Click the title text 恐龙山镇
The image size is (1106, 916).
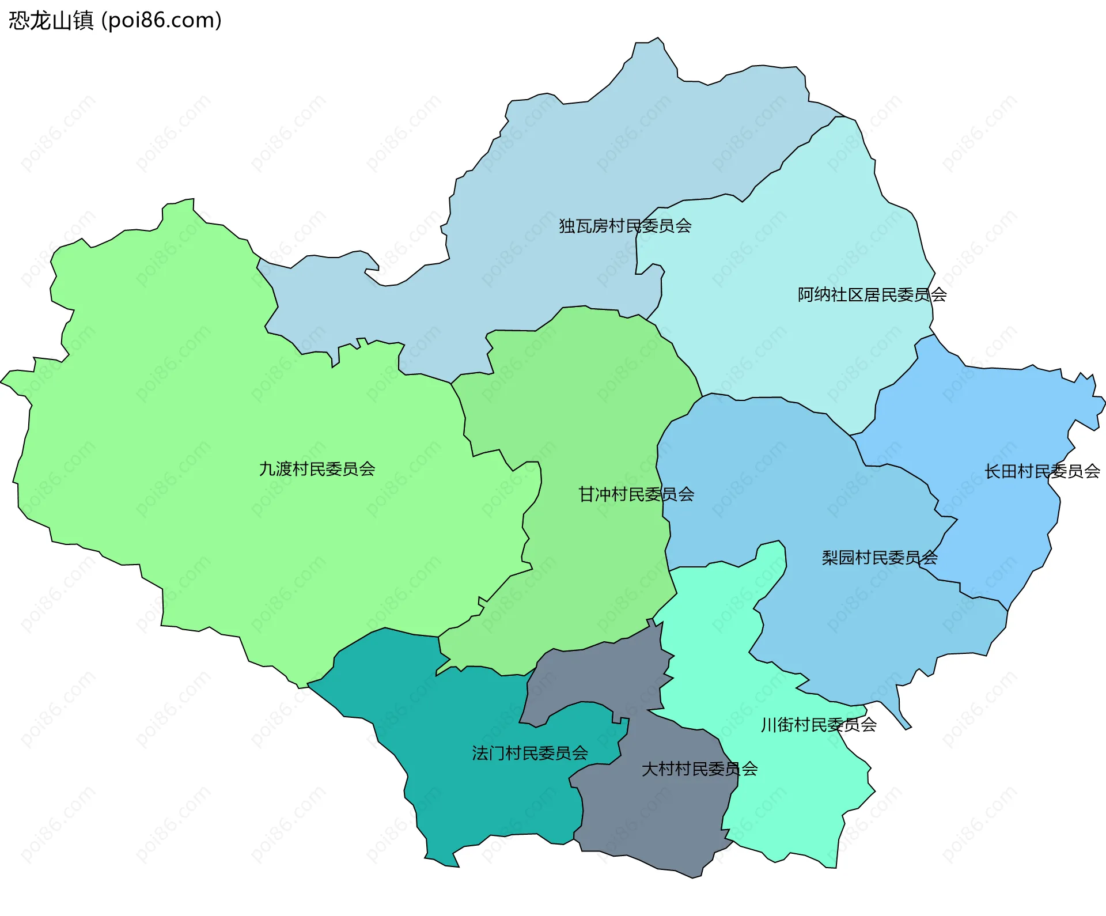click(x=51, y=21)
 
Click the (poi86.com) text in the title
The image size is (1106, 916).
click(x=161, y=21)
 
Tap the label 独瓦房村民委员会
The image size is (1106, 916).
click(x=625, y=226)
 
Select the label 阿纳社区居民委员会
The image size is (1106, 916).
click(x=872, y=295)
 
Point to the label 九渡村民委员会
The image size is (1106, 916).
click(x=317, y=469)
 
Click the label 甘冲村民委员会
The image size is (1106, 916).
click(x=636, y=494)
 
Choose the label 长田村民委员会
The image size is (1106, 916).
click(x=1042, y=471)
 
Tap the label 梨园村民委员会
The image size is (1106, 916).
click(x=880, y=558)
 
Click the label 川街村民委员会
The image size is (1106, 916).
click(x=819, y=725)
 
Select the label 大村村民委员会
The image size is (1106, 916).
click(x=699, y=769)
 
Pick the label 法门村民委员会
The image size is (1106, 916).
click(x=530, y=753)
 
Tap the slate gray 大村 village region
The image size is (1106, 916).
click(x=651, y=818)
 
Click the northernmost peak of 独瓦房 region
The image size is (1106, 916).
click(x=657, y=39)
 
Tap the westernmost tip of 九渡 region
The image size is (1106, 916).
click(x=2, y=382)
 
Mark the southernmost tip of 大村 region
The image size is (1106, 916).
click(x=693, y=876)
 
